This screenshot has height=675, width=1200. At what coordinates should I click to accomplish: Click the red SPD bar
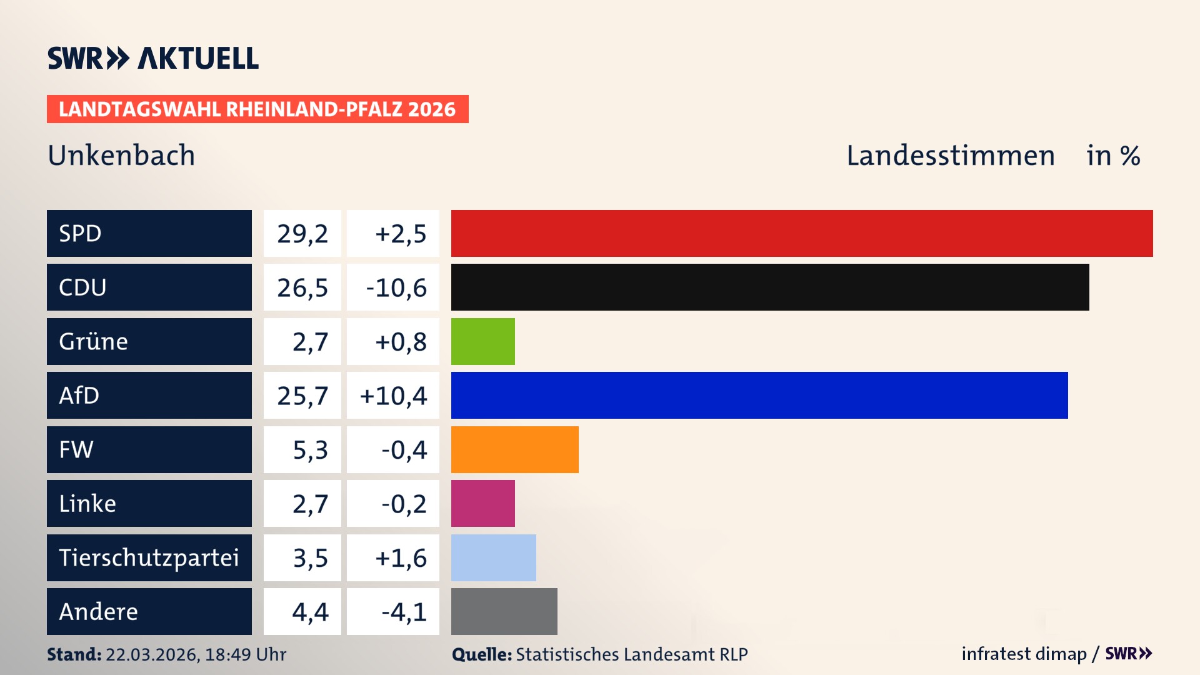(x=802, y=233)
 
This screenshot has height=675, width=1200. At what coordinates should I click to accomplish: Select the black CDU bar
(x=770, y=287)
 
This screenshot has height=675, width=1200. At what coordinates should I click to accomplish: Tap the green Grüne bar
(x=483, y=341)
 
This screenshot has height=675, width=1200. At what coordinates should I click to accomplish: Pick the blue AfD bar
(x=759, y=395)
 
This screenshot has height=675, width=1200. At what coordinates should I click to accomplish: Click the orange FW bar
(x=515, y=449)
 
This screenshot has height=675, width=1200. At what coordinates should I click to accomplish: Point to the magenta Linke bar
(x=483, y=503)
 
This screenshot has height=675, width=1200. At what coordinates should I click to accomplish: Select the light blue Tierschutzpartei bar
(x=494, y=557)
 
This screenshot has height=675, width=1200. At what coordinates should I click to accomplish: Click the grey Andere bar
(x=504, y=611)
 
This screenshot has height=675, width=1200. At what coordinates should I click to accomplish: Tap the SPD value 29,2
(x=302, y=234)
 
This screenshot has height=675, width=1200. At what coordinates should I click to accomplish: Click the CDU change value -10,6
(x=396, y=288)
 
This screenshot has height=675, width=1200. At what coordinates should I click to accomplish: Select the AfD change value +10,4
(x=394, y=396)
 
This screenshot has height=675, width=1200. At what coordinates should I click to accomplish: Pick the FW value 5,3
(x=310, y=450)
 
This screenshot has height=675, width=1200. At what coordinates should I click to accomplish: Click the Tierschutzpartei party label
(x=149, y=557)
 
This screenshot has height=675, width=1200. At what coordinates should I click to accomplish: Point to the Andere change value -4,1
(x=404, y=612)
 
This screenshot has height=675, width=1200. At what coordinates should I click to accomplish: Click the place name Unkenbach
(x=121, y=156)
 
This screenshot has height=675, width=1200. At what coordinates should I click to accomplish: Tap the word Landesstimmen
(x=950, y=156)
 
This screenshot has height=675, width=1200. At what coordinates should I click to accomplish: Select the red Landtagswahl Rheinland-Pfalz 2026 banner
(x=257, y=109)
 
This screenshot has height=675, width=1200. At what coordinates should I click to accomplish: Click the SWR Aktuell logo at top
(x=153, y=58)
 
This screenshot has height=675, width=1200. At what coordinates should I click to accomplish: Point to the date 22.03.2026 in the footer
(x=152, y=654)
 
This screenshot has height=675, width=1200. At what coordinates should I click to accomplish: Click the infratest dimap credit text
(x=1024, y=654)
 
